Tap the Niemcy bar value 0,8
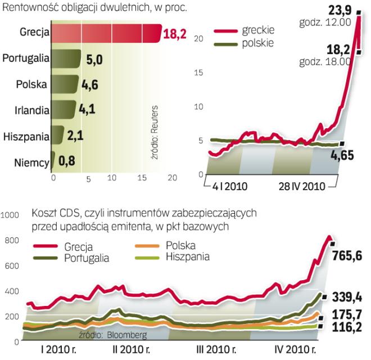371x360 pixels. point(67,163)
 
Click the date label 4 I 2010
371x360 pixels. point(229,186)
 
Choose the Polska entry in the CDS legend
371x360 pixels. point(181,246)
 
